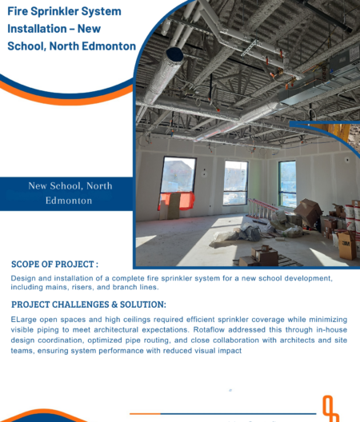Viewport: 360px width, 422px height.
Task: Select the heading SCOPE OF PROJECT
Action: [x=54, y=264]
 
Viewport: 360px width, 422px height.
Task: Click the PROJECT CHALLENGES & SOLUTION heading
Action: [x=89, y=305]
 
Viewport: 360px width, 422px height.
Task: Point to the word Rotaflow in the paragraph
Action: [x=209, y=329]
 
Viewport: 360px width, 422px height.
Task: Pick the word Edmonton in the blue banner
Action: [x=69, y=201]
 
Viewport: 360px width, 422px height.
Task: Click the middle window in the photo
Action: [x=235, y=183]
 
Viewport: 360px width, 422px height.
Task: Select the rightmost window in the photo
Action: [x=287, y=184]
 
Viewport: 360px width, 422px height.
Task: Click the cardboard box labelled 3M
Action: [x=346, y=245]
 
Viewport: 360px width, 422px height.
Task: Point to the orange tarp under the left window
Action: [x=177, y=201]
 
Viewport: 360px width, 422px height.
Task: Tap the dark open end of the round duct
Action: [x=175, y=54]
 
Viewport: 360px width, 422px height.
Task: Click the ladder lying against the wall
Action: [x=262, y=209]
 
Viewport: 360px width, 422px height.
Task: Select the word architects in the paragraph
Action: [x=298, y=340]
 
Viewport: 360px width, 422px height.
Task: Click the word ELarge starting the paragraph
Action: [x=23, y=320]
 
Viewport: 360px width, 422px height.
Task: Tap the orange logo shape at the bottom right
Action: [x=330, y=408]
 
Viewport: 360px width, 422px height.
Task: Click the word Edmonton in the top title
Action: [x=109, y=46]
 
